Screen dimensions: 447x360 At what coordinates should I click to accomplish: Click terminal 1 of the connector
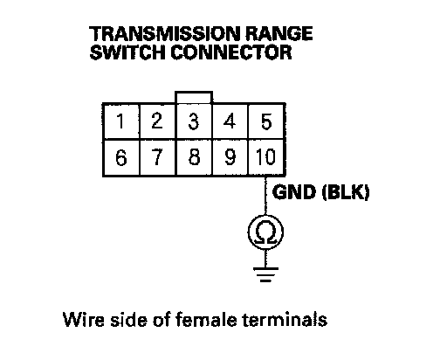pyautogui.click(x=121, y=121)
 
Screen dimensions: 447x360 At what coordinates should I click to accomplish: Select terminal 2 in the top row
pyautogui.click(x=158, y=121)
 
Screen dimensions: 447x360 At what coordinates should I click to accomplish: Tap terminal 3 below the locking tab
pyautogui.click(x=194, y=121)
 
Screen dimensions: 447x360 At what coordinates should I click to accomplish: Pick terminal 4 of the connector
pyautogui.click(x=230, y=121)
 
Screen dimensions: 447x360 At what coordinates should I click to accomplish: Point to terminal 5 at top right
pyautogui.click(x=266, y=121)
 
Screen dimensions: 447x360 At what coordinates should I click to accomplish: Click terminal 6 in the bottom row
pyautogui.click(x=121, y=157)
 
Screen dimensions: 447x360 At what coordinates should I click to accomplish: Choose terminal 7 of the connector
pyautogui.click(x=158, y=157)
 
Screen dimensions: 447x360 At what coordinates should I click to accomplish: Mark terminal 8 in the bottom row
pyautogui.click(x=194, y=157)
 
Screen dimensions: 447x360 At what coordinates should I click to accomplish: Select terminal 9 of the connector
pyautogui.click(x=230, y=157)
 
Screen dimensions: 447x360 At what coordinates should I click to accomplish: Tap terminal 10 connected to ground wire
pyautogui.click(x=266, y=157)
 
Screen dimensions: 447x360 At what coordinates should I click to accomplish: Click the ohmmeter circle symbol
pyautogui.click(x=265, y=216)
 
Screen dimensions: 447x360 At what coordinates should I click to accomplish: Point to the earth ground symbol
pyautogui.click(x=265, y=274)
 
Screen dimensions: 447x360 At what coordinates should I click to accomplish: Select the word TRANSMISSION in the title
pyautogui.click(x=164, y=33)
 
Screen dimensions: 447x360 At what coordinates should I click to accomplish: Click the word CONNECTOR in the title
pyautogui.click(x=230, y=52)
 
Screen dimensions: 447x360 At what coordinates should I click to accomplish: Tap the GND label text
pyautogui.click(x=294, y=192)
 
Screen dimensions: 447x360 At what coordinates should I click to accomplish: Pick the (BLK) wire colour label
pyautogui.click(x=346, y=192)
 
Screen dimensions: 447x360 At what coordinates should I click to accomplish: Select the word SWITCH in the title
pyautogui.click(x=127, y=52)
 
